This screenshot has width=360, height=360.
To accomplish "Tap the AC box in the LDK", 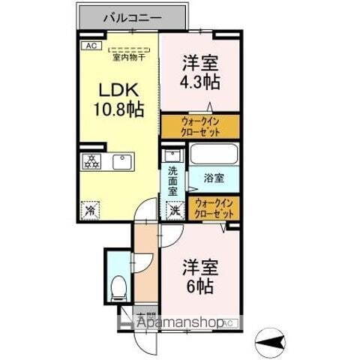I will [x=90, y=46].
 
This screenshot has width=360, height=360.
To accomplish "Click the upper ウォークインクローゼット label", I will [x=199, y=124].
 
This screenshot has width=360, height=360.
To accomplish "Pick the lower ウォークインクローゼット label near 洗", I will [x=215, y=208].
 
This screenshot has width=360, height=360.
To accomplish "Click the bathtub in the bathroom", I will [x=213, y=155].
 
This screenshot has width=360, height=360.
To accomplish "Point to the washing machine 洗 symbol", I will [x=173, y=211].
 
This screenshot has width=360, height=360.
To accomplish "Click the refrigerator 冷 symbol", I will [x=90, y=210].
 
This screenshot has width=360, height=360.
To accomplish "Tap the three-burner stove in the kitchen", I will [x=92, y=161].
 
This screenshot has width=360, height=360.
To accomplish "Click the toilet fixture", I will [x=117, y=286].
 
